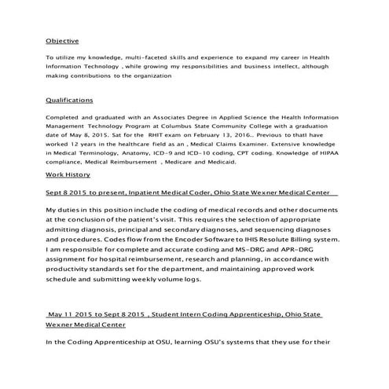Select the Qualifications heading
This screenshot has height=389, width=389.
tap(69, 101)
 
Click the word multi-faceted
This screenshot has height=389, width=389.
tap(124, 58)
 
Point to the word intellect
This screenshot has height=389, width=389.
tap(292, 67)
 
